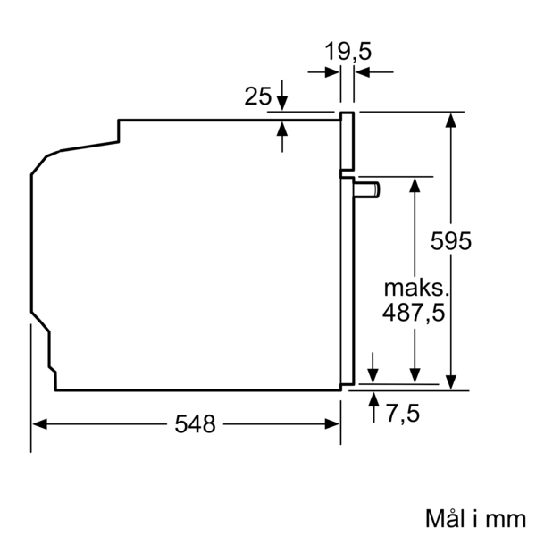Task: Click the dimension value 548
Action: (196, 424)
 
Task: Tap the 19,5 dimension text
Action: (347, 51)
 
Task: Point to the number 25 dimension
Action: (257, 96)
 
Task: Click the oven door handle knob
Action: (367, 188)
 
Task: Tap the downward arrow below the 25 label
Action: (282, 101)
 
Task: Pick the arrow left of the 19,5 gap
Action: (331, 71)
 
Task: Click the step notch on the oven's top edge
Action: (119, 130)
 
